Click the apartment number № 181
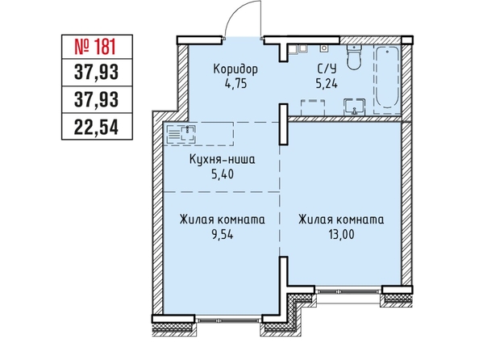point(95,48)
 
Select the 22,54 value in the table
point(96,128)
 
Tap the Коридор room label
point(235,69)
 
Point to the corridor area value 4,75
point(235,83)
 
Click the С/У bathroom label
point(327,69)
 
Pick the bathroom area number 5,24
point(327,83)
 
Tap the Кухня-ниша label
point(222,159)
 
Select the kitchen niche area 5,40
point(223,174)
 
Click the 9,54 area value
point(222,235)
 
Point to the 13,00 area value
point(342,235)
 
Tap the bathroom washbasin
point(354,107)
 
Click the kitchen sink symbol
point(189,134)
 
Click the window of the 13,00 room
point(348,290)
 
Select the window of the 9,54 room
point(228,320)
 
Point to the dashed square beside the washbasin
point(313,107)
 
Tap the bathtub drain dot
point(387,52)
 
